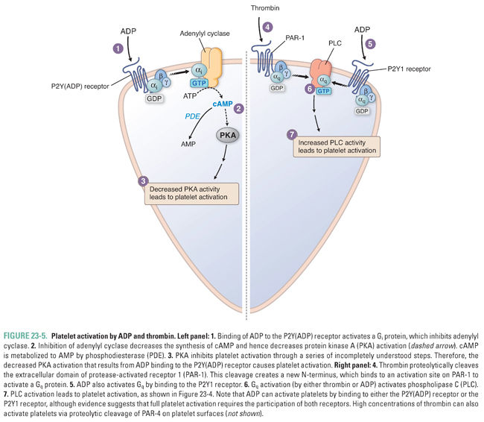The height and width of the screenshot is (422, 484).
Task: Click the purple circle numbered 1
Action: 116,48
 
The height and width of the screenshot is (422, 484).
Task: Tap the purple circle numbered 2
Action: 238,108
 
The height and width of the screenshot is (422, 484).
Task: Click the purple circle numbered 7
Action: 292,134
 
